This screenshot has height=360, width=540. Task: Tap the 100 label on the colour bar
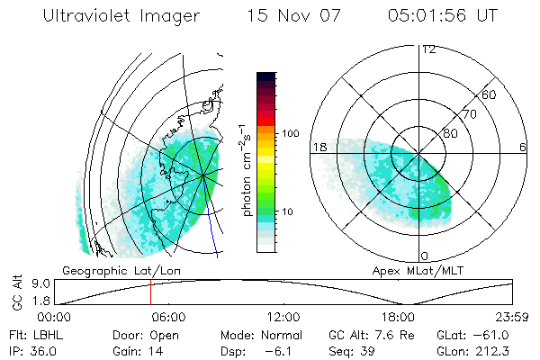click(289, 133)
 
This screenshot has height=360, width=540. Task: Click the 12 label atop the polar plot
click(428, 50)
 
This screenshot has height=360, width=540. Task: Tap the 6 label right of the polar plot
click(523, 147)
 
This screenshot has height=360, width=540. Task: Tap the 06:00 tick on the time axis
click(168, 317)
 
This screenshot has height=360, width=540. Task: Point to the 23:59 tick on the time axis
click(510, 317)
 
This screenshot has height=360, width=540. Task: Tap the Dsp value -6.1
click(274, 350)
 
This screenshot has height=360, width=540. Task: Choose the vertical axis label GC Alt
click(15, 293)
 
